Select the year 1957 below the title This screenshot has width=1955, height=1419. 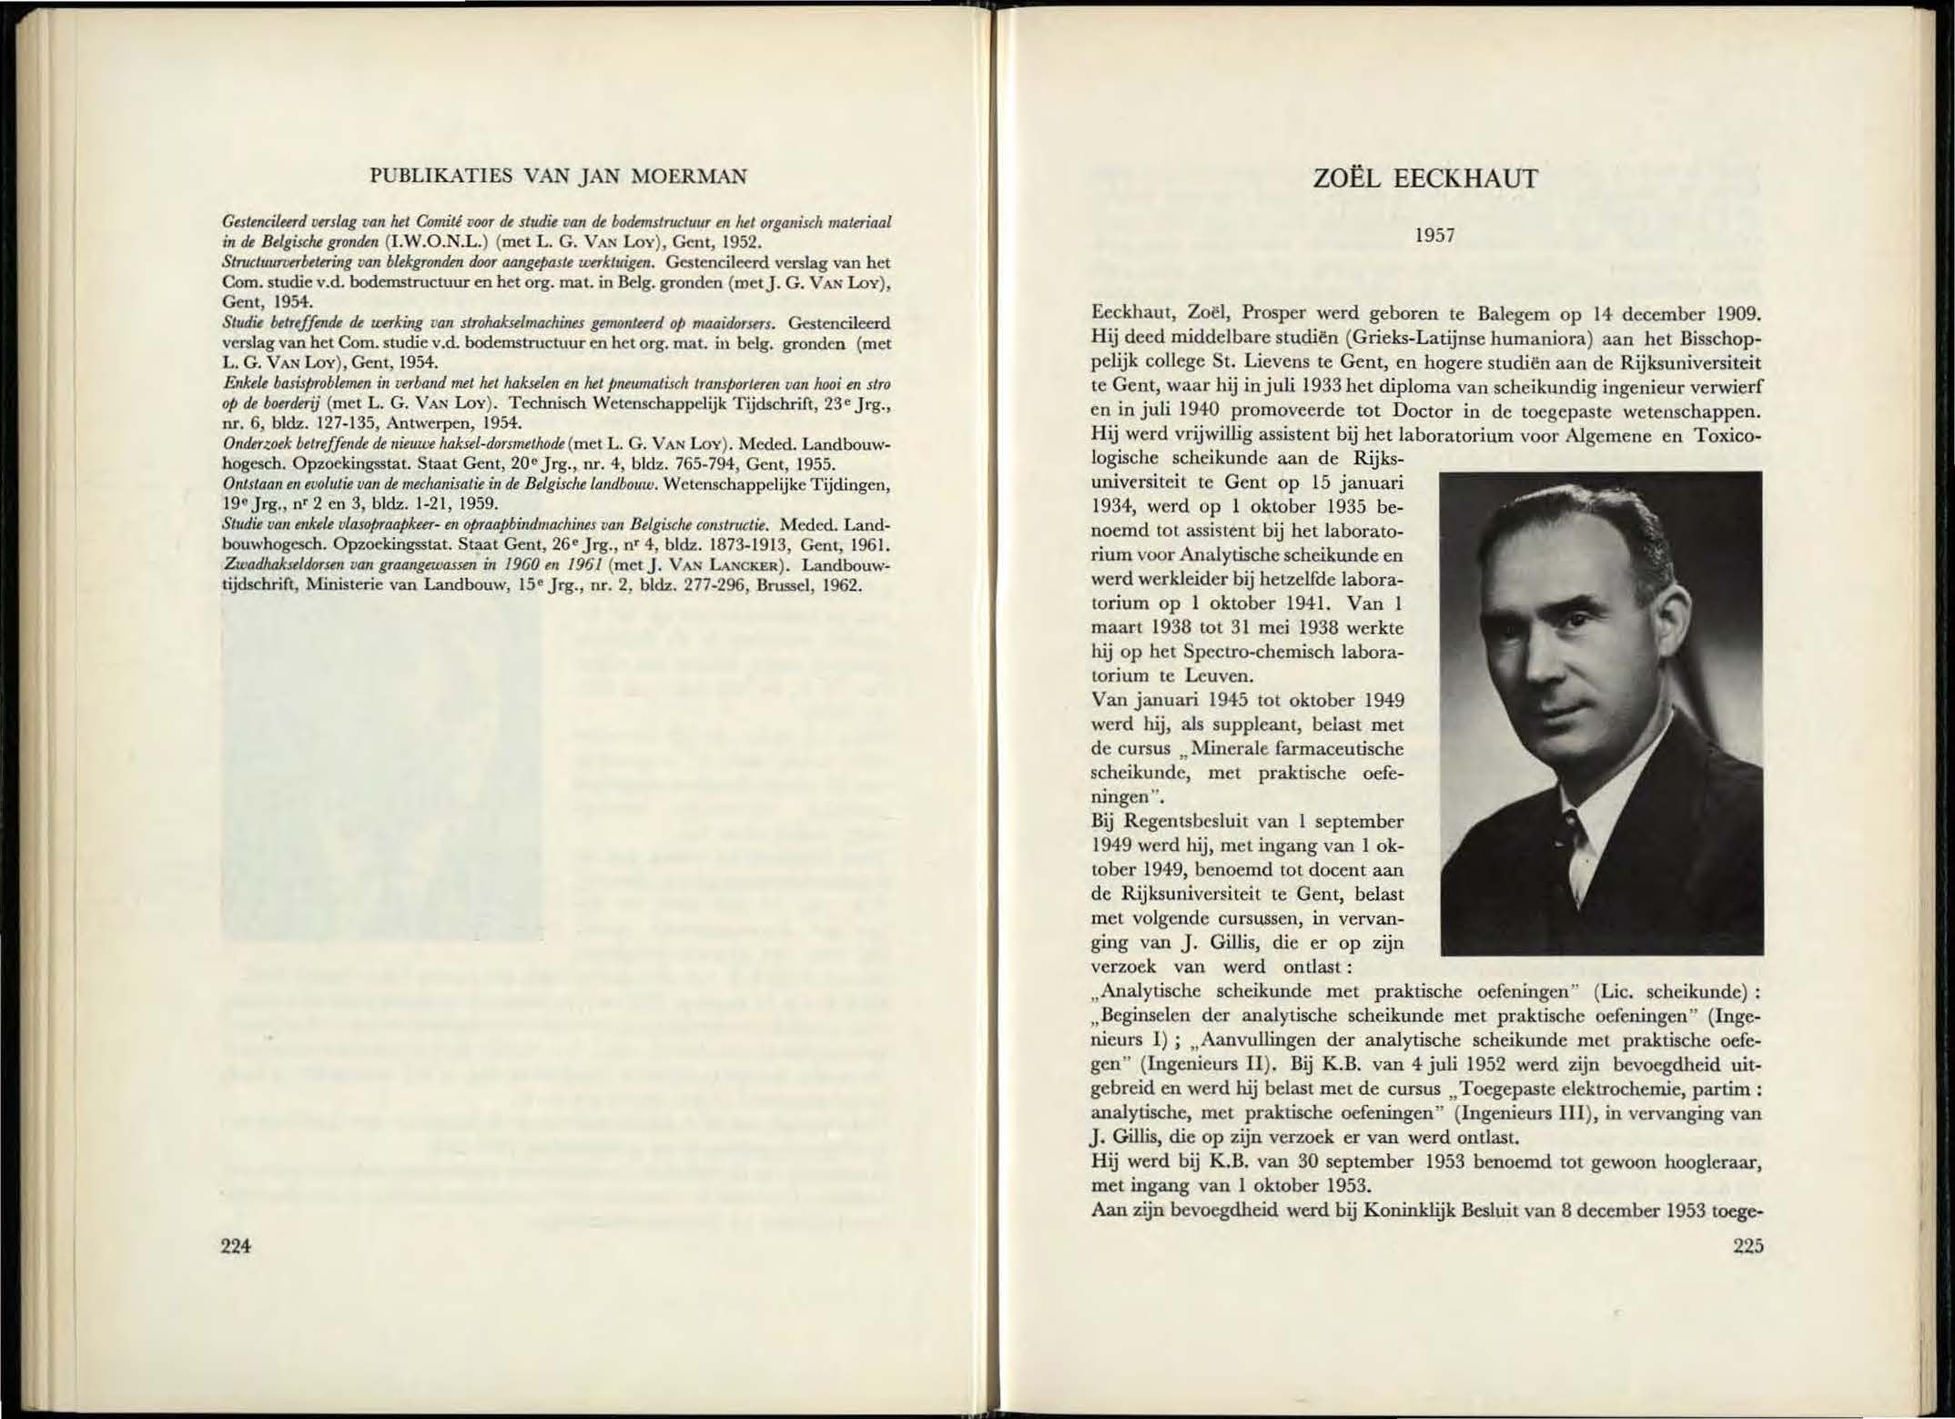1436,236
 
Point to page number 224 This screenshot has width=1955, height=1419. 237,1246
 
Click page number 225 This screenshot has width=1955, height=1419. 1747,1246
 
